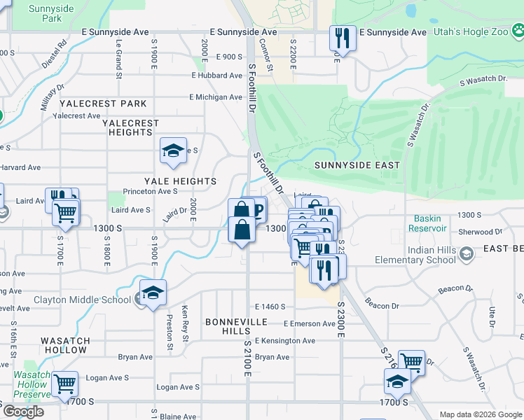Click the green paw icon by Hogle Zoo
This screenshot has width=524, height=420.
point(518,31)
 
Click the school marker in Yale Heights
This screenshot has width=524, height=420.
point(173,151)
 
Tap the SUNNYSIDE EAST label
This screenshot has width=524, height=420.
point(357,165)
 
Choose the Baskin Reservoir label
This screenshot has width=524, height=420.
point(429,223)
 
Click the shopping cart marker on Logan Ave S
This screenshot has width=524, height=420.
point(64,384)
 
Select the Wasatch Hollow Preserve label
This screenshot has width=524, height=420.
point(32,384)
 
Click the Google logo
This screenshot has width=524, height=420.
point(23,412)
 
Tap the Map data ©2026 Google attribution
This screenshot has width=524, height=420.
point(481,414)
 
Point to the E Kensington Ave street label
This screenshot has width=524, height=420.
point(284,341)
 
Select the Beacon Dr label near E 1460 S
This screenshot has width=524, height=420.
point(381,306)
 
